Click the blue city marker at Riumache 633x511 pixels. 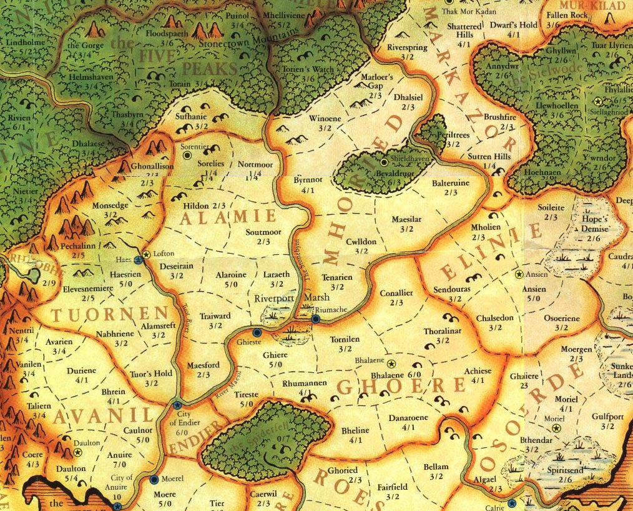(316, 319)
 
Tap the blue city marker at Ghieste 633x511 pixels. (257, 332)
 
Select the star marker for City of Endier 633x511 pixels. (177, 405)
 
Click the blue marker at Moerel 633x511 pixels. (154, 480)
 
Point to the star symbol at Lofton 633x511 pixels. (147, 254)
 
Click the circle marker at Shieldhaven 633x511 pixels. (384, 162)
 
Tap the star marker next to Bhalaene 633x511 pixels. (391, 364)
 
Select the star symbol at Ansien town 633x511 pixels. (518, 274)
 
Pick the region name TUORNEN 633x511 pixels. (110, 314)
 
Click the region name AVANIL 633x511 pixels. (103, 415)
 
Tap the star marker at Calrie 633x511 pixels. (512, 503)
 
